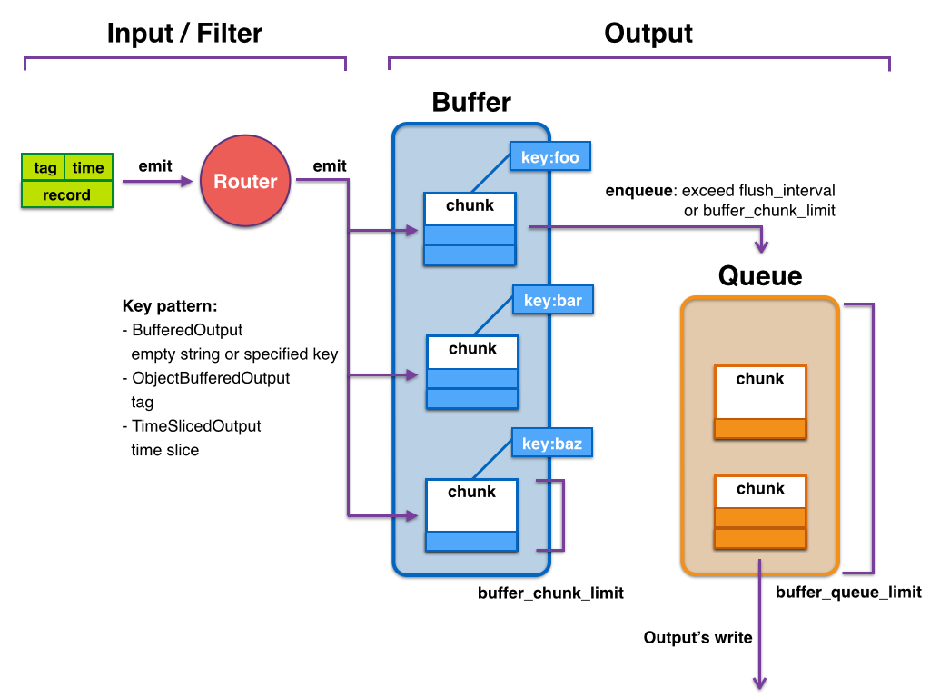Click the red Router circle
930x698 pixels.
point(245,181)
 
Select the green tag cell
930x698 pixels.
point(45,167)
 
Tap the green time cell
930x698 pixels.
point(89,167)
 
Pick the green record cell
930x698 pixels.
point(67,194)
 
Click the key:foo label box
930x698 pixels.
point(550,157)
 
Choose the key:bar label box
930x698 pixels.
point(552,301)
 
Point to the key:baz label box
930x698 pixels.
point(551,444)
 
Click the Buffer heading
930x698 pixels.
point(471,102)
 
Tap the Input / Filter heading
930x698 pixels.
point(184,34)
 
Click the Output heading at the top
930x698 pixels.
point(648,34)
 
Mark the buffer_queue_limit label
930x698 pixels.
point(848,593)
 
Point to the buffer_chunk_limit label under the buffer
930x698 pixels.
point(550,593)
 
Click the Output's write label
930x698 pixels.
point(697,638)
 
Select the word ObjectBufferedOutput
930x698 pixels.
point(211,378)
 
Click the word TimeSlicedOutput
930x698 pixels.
point(196,425)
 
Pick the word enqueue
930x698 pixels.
point(639,191)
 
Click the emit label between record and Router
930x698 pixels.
point(155,166)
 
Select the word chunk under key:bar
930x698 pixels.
point(472,348)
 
